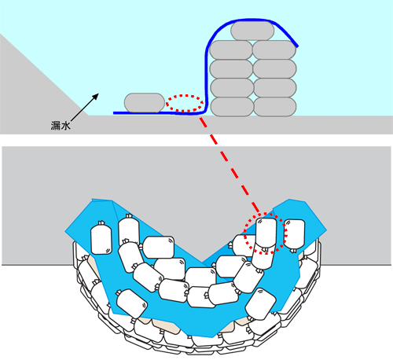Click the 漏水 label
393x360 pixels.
pyautogui.click(x=61, y=126)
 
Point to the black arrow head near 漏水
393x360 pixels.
pyautogui.click(x=96, y=96)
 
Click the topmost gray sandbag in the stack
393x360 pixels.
pyautogui.click(x=252, y=31)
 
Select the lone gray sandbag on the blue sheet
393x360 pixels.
pyautogui.click(x=145, y=102)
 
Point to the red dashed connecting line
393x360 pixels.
pyautogui.click(x=230, y=165)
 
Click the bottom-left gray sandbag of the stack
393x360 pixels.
pyautogui.click(x=232, y=107)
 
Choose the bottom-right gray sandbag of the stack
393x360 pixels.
pyautogui.click(x=275, y=107)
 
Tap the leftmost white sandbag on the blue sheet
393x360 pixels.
pyautogui.click(x=101, y=238)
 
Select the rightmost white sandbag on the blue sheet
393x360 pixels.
pyautogui.click(x=294, y=234)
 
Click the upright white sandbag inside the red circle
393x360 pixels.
pyautogui.click(x=266, y=233)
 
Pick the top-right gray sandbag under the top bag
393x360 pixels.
pyautogui.click(x=274, y=50)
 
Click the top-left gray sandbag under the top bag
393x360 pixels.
pyautogui.click(x=231, y=50)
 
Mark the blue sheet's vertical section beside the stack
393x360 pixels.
pyautogui.click(x=207, y=79)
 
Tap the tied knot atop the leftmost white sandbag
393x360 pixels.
pyautogui.click(x=101, y=223)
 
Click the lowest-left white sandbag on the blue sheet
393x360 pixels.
pyautogui.click(x=132, y=303)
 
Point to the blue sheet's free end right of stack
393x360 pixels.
pyautogui.click(x=297, y=46)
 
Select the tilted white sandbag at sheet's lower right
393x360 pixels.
pyautogui.click(x=261, y=304)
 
